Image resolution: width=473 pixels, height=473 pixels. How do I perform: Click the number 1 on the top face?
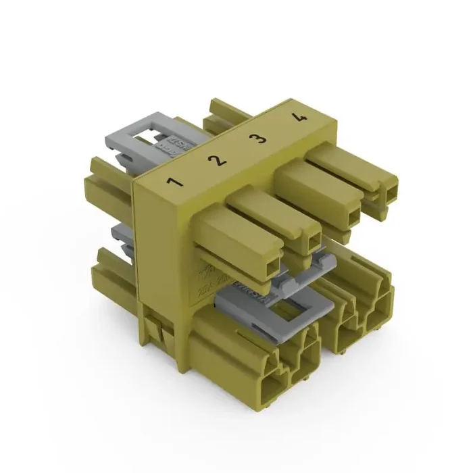coord(175,182)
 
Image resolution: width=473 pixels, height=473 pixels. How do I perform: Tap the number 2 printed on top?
coord(216,161)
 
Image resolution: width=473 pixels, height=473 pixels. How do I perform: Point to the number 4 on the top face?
coord(298,118)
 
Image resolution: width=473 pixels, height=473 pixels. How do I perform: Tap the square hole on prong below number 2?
coord(312,243)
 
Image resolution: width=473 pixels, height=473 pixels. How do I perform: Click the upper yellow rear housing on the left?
coord(108,189)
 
